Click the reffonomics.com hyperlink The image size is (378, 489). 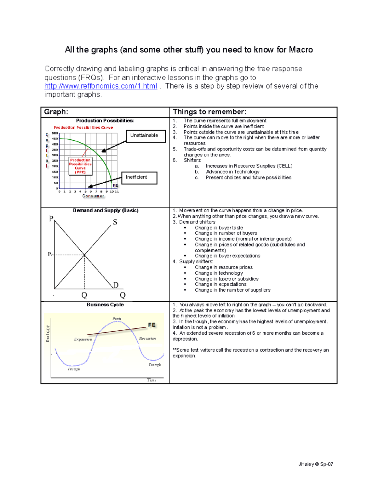pos(100,86)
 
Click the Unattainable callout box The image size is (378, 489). pos(146,136)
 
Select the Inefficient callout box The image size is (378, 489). pos(139,178)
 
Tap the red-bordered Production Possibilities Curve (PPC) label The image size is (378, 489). pos(80,166)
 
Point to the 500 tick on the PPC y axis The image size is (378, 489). pos(55,133)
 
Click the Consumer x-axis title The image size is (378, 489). pos(93,196)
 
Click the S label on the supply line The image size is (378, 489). pos(115,222)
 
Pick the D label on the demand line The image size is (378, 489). pos(116,285)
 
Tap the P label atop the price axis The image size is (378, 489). pos(51,218)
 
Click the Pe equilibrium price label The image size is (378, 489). pos(50,254)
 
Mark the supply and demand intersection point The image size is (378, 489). pos(84,255)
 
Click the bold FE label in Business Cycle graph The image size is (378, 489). pos(152,325)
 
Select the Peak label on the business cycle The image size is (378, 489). pos(117,319)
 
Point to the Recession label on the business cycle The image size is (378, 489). pos(147,338)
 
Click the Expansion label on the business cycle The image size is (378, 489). pos(83,339)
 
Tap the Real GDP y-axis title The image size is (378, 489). pos(48,333)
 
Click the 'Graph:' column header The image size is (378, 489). pos(56,112)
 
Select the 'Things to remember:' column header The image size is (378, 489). pos(209,112)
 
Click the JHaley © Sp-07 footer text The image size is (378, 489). pos(316,464)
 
